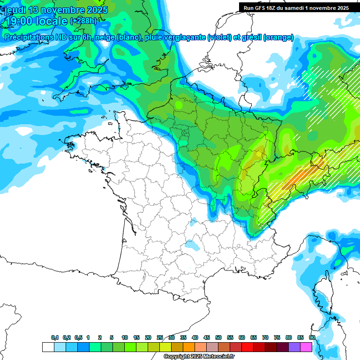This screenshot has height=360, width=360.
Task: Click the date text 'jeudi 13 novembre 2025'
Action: point(56,10)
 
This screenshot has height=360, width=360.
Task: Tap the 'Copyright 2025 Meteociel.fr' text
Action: point(199,357)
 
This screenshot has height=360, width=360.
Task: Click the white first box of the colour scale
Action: point(48,347)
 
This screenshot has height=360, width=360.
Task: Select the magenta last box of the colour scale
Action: point(307,347)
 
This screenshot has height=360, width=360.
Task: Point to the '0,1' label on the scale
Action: point(55,338)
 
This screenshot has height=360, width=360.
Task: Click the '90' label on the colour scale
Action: point(312,338)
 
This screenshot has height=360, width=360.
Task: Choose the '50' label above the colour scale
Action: point(218,338)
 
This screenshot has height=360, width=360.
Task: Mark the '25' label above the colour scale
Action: point(160,338)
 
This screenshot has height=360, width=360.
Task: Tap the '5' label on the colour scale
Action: point(112,338)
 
